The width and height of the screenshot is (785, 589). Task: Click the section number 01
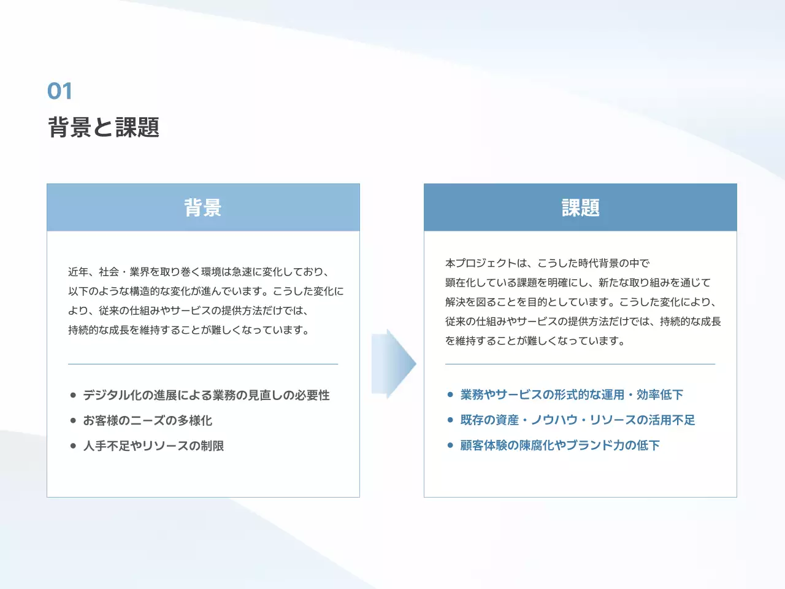click(x=60, y=91)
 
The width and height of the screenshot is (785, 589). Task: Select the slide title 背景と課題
click(x=104, y=128)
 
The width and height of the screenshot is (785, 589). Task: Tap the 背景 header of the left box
click(x=203, y=208)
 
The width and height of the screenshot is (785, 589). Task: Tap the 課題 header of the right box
click(x=580, y=208)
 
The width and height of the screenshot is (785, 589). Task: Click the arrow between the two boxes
click(x=393, y=364)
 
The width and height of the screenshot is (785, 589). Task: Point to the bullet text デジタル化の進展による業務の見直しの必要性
click(x=206, y=396)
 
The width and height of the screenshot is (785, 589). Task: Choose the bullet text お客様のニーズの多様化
click(x=147, y=421)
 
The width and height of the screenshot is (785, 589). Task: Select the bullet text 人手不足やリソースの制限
click(x=153, y=446)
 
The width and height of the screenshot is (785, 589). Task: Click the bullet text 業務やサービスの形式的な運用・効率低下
click(x=572, y=395)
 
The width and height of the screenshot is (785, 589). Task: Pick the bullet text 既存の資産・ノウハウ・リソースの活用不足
click(x=578, y=420)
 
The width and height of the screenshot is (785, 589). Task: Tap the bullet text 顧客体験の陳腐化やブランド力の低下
click(x=560, y=445)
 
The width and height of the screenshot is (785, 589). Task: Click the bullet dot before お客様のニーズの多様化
click(x=74, y=421)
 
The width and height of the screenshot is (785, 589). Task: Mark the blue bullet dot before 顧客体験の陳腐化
click(x=451, y=445)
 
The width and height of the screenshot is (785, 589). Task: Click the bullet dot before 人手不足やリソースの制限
click(x=74, y=446)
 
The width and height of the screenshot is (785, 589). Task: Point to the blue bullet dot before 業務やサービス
click(x=451, y=395)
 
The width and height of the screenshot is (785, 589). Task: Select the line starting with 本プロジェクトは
click(x=547, y=263)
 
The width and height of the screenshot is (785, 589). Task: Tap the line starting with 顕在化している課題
click(x=578, y=283)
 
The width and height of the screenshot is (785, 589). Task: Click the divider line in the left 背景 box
click(x=203, y=364)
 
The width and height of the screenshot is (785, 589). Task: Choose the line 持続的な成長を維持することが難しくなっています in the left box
click(x=189, y=330)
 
